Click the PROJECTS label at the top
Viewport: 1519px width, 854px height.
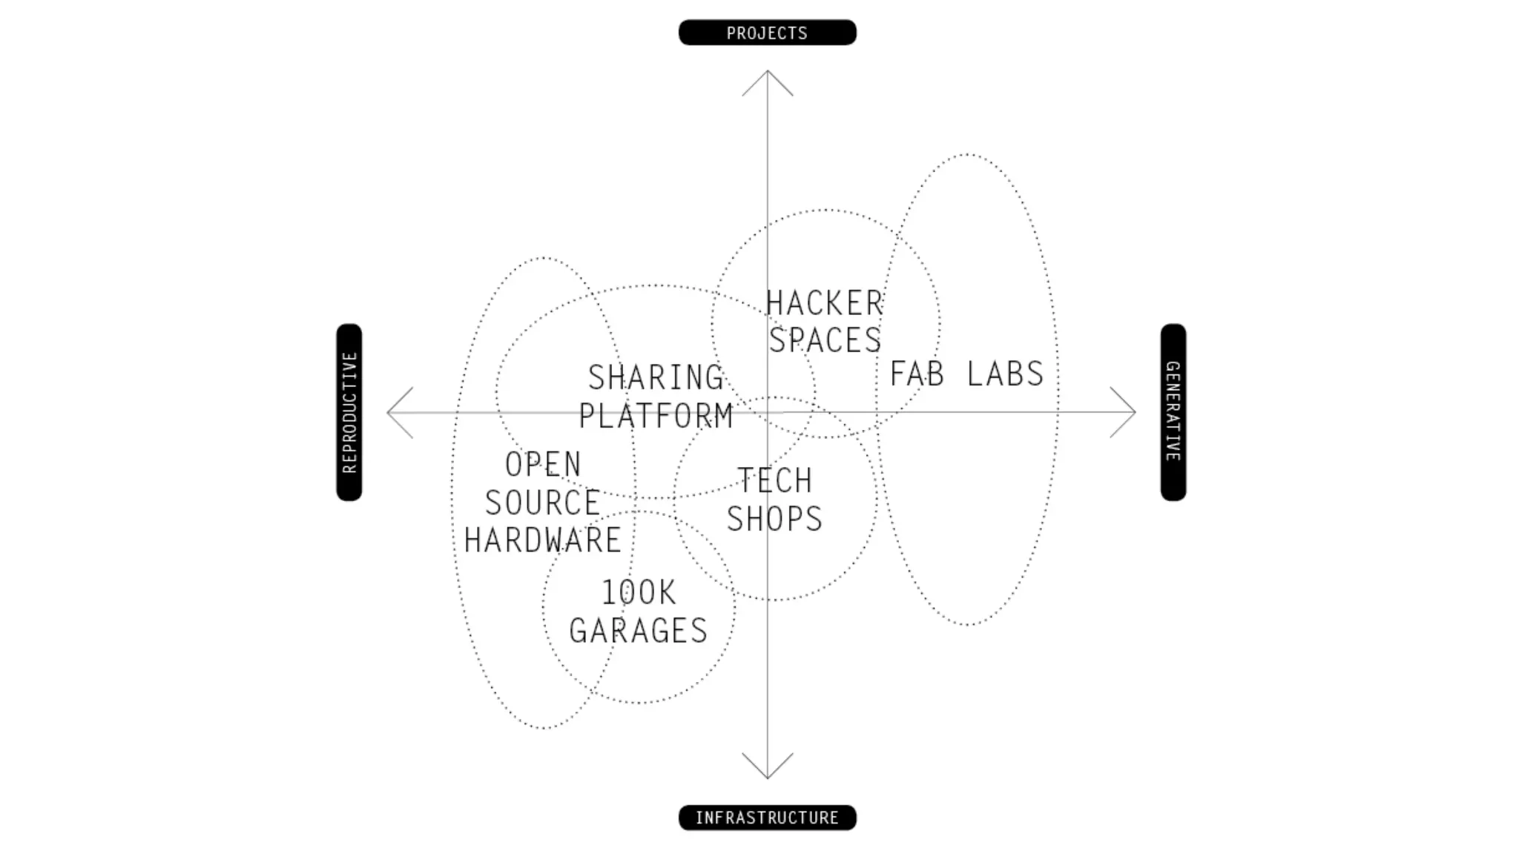(767, 33)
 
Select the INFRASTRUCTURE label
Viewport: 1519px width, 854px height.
(767, 818)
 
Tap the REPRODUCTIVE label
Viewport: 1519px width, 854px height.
(349, 412)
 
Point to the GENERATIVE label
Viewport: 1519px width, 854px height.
(1173, 412)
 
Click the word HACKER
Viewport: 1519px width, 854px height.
(825, 303)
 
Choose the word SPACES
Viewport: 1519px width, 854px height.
(825, 340)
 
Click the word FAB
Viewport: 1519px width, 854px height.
(917, 374)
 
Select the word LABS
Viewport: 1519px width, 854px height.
(1005, 374)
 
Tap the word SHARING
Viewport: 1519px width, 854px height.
(656, 377)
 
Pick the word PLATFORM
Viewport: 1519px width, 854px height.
(656, 415)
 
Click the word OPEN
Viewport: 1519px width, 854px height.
(543, 465)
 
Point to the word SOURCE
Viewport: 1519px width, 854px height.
(543, 503)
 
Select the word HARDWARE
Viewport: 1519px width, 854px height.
(543, 540)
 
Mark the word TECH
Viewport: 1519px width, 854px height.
(774, 480)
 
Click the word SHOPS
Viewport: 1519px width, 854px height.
(774, 518)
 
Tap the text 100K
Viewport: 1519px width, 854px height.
(639, 593)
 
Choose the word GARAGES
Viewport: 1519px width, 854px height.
(639, 631)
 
